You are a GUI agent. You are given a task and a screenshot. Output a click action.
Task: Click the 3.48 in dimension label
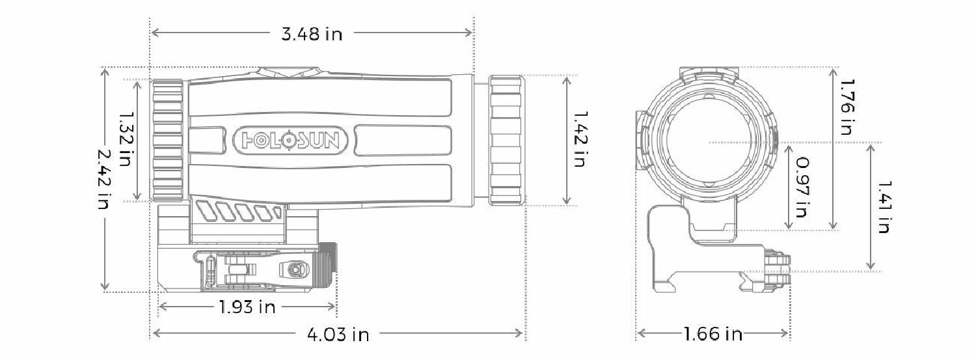(x=311, y=34)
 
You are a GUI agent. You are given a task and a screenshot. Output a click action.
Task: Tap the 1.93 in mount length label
(x=247, y=307)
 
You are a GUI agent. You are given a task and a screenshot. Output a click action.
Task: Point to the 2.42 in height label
(x=104, y=179)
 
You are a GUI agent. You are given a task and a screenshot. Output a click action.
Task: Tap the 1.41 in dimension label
(x=883, y=206)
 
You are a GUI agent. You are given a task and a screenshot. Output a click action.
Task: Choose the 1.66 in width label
(x=712, y=335)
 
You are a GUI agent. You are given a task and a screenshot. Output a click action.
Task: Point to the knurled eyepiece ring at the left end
(x=168, y=140)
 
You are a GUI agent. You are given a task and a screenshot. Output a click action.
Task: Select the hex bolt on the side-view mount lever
(x=293, y=268)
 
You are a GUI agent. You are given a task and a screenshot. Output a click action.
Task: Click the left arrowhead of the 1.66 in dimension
(x=640, y=334)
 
